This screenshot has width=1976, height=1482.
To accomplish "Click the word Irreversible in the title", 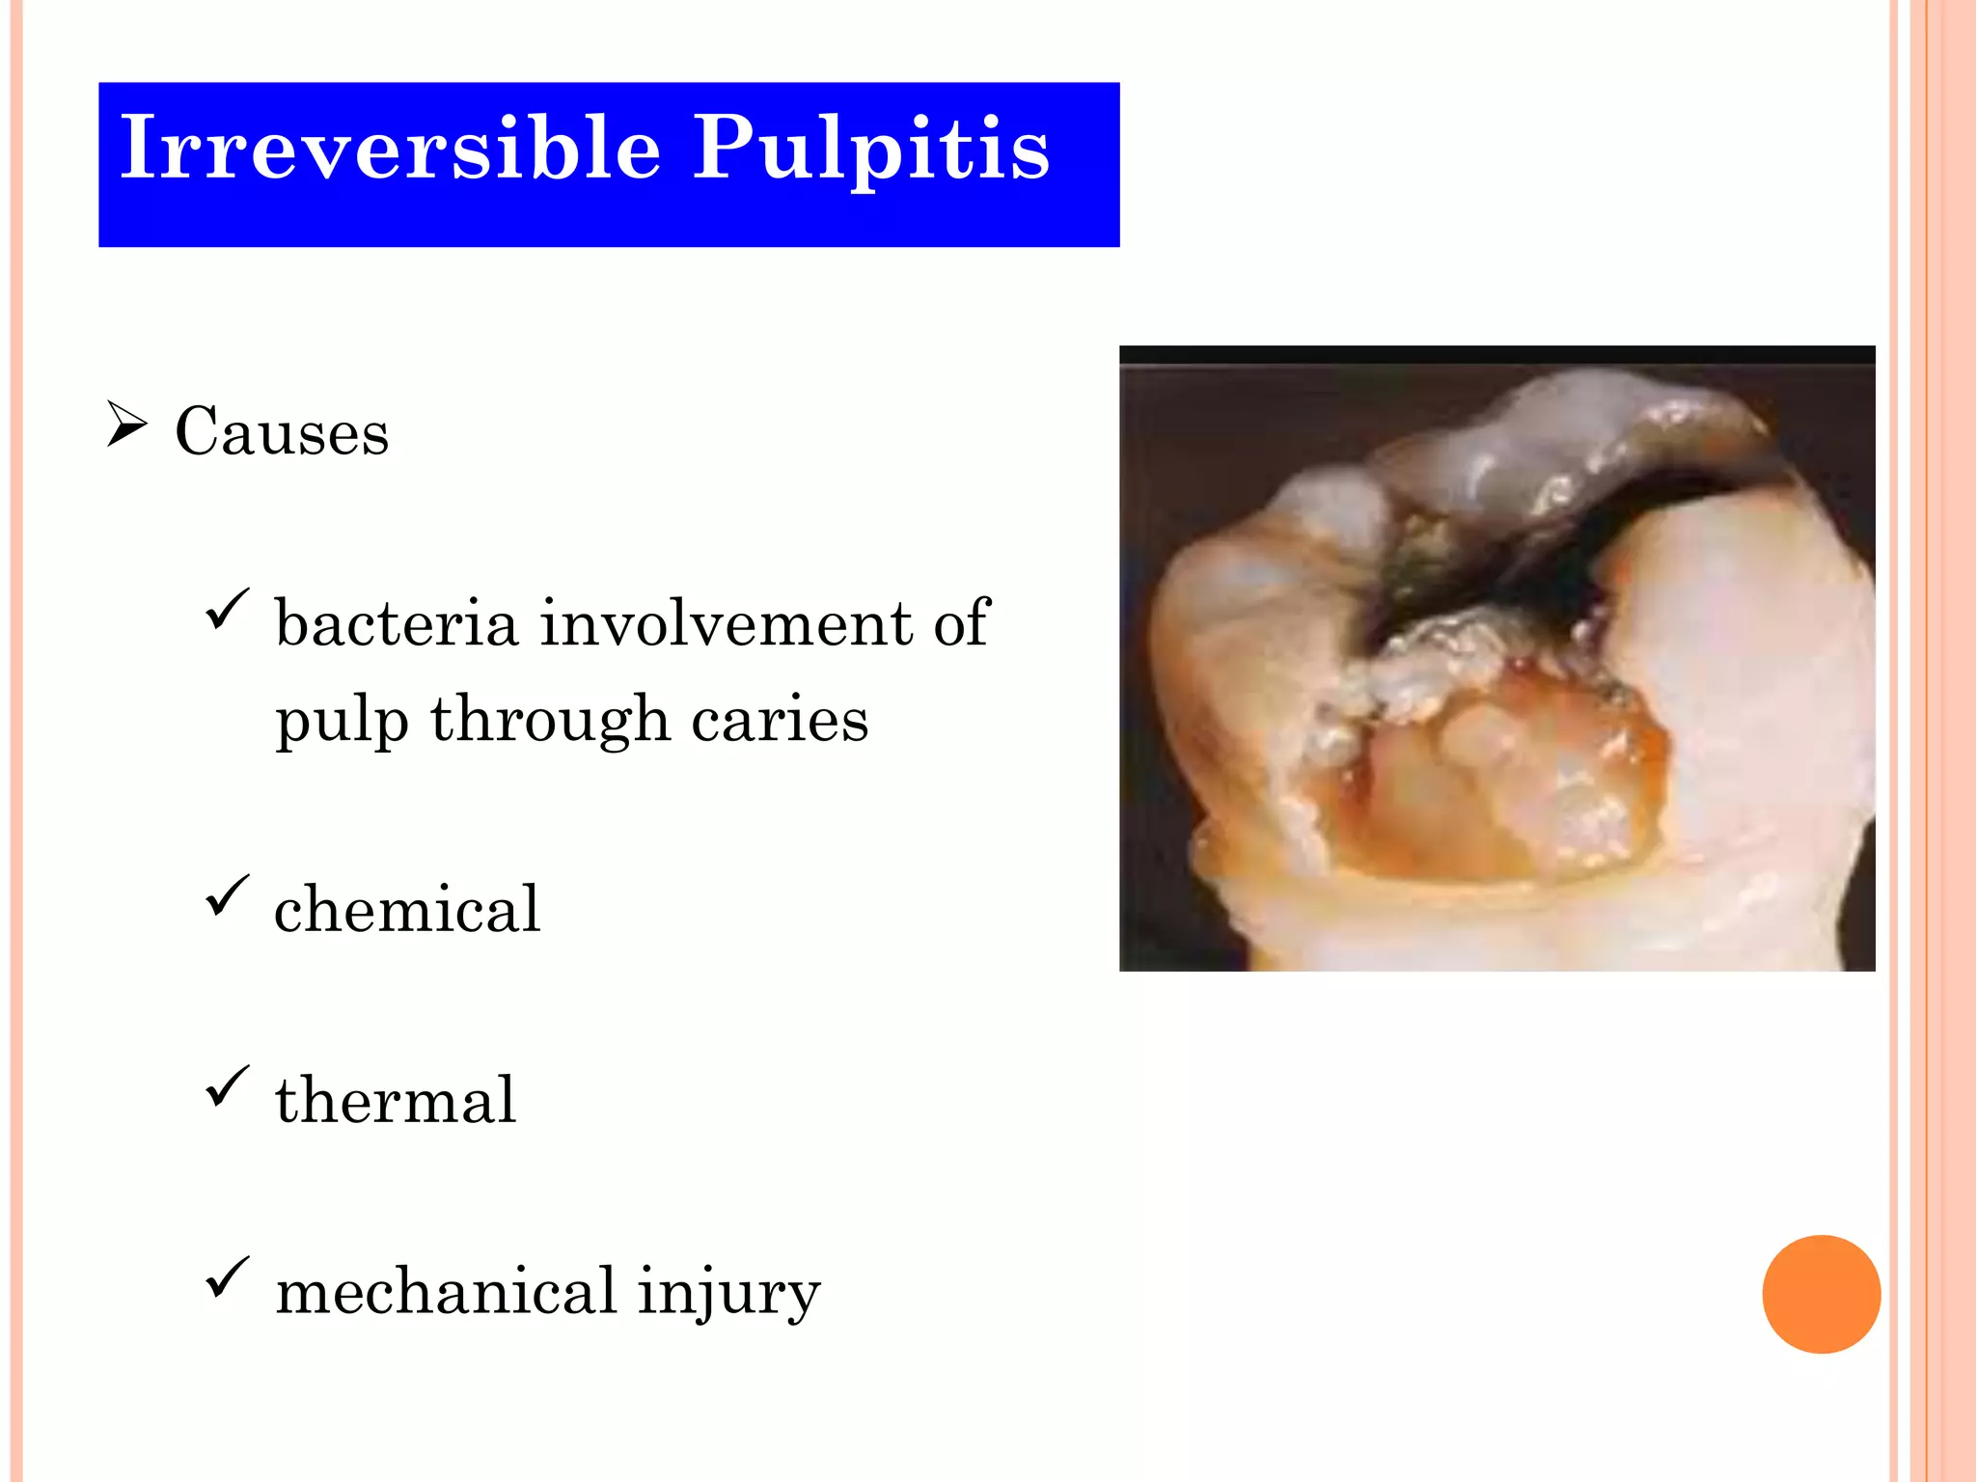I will pyautogui.click(x=390, y=148).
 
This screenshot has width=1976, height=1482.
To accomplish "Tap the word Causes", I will pyautogui.click(x=282, y=431).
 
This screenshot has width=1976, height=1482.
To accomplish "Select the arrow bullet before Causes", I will pyautogui.click(x=126, y=425).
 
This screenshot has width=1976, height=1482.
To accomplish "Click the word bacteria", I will pyautogui.click(x=397, y=623).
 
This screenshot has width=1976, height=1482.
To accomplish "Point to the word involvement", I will pyautogui.click(x=726, y=623).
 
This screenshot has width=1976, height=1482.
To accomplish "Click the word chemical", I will pyautogui.click(x=407, y=909).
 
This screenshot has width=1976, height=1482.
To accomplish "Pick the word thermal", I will pyautogui.click(x=396, y=1100).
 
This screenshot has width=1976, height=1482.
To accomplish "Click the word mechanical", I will pyautogui.click(x=446, y=1291).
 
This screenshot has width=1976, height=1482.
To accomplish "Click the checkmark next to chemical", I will pyautogui.click(x=227, y=895).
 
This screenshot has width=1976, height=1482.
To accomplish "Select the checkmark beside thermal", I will pyautogui.click(x=227, y=1086).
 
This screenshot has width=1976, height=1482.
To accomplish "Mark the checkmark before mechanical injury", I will pyautogui.click(x=227, y=1277).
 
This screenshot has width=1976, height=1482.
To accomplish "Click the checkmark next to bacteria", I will pyautogui.click(x=227, y=610).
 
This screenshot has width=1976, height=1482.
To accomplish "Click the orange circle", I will pyautogui.click(x=1821, y=1294).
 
